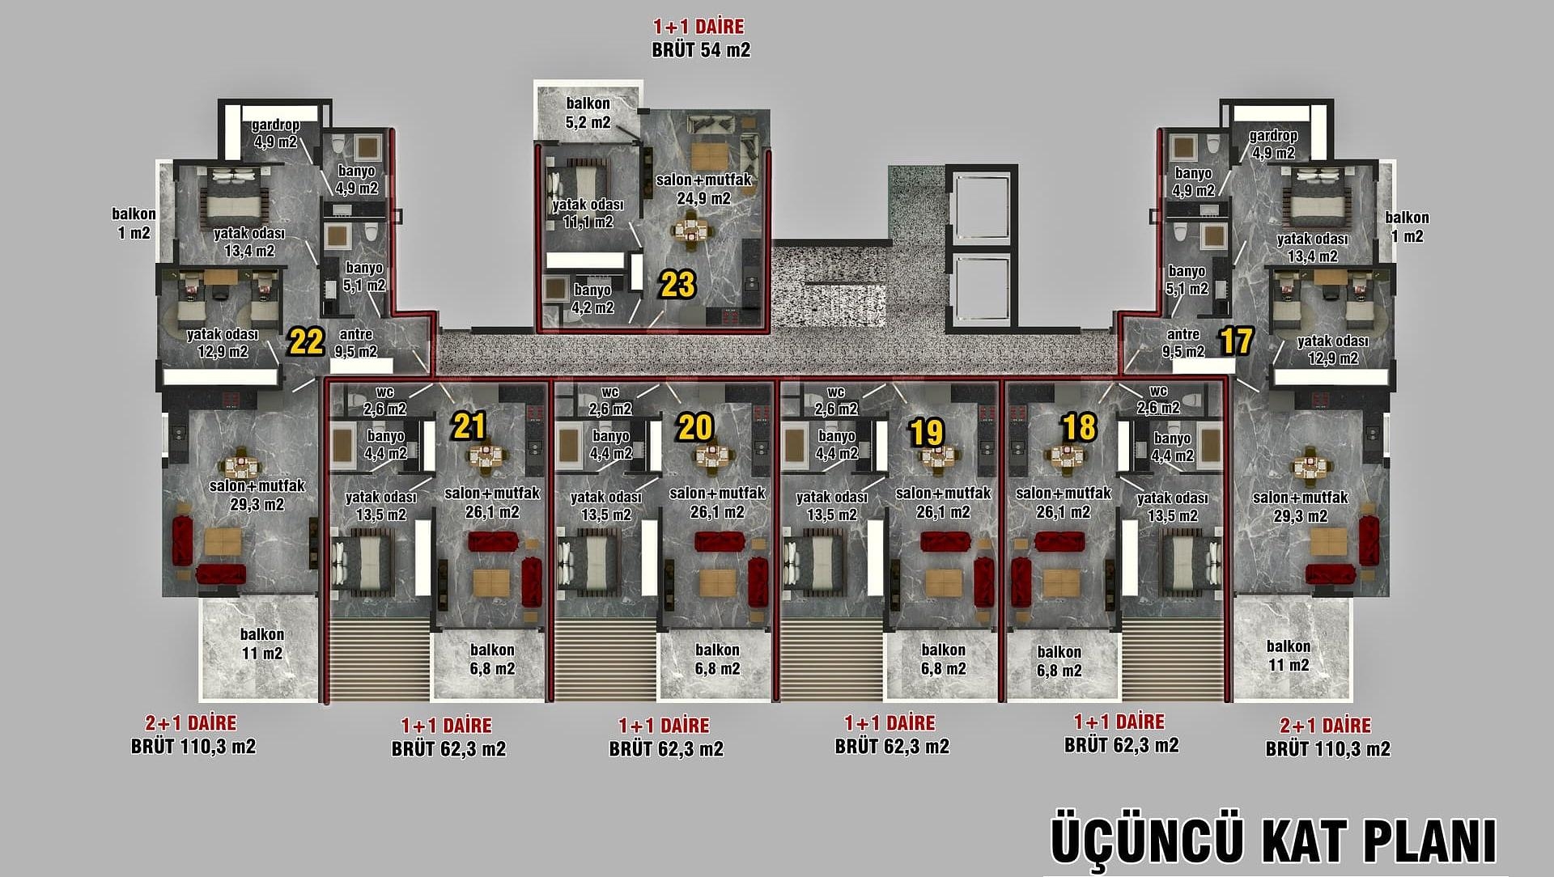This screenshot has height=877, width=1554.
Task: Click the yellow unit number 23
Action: [x=677, y=285]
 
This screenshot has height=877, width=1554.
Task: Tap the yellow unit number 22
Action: [x=307, y=342]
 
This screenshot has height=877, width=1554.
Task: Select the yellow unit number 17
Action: [x=1236, y=341]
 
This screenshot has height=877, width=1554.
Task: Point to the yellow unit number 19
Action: [x=927, y=433]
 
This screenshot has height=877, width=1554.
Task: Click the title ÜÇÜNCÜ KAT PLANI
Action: [x=1273, y=841]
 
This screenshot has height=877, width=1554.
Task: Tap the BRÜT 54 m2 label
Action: [x=701, y=50]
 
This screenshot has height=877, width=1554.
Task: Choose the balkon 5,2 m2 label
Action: [x=588, y=112]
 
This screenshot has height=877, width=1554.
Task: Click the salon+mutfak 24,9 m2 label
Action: [x=704, y=189]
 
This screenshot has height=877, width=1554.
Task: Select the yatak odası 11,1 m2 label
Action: [x=588, y=214]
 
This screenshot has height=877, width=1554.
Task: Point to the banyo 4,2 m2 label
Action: [x=592, y=299]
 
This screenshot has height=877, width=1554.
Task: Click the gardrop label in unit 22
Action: [x=275, y=125]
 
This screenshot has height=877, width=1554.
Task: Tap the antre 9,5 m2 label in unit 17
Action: [x=1183, y=343]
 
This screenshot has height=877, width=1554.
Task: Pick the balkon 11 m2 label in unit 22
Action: [x=262, y=644]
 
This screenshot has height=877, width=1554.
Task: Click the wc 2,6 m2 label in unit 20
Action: [x=610, y=400]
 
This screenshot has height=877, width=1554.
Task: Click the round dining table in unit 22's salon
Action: [x=241, y=466]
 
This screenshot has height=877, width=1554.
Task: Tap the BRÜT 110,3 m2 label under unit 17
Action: [x=1328, y=749]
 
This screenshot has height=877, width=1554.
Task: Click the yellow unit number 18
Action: [x=1080, y=426]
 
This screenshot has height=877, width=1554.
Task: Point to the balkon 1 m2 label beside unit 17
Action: [x=1408, y=227]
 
